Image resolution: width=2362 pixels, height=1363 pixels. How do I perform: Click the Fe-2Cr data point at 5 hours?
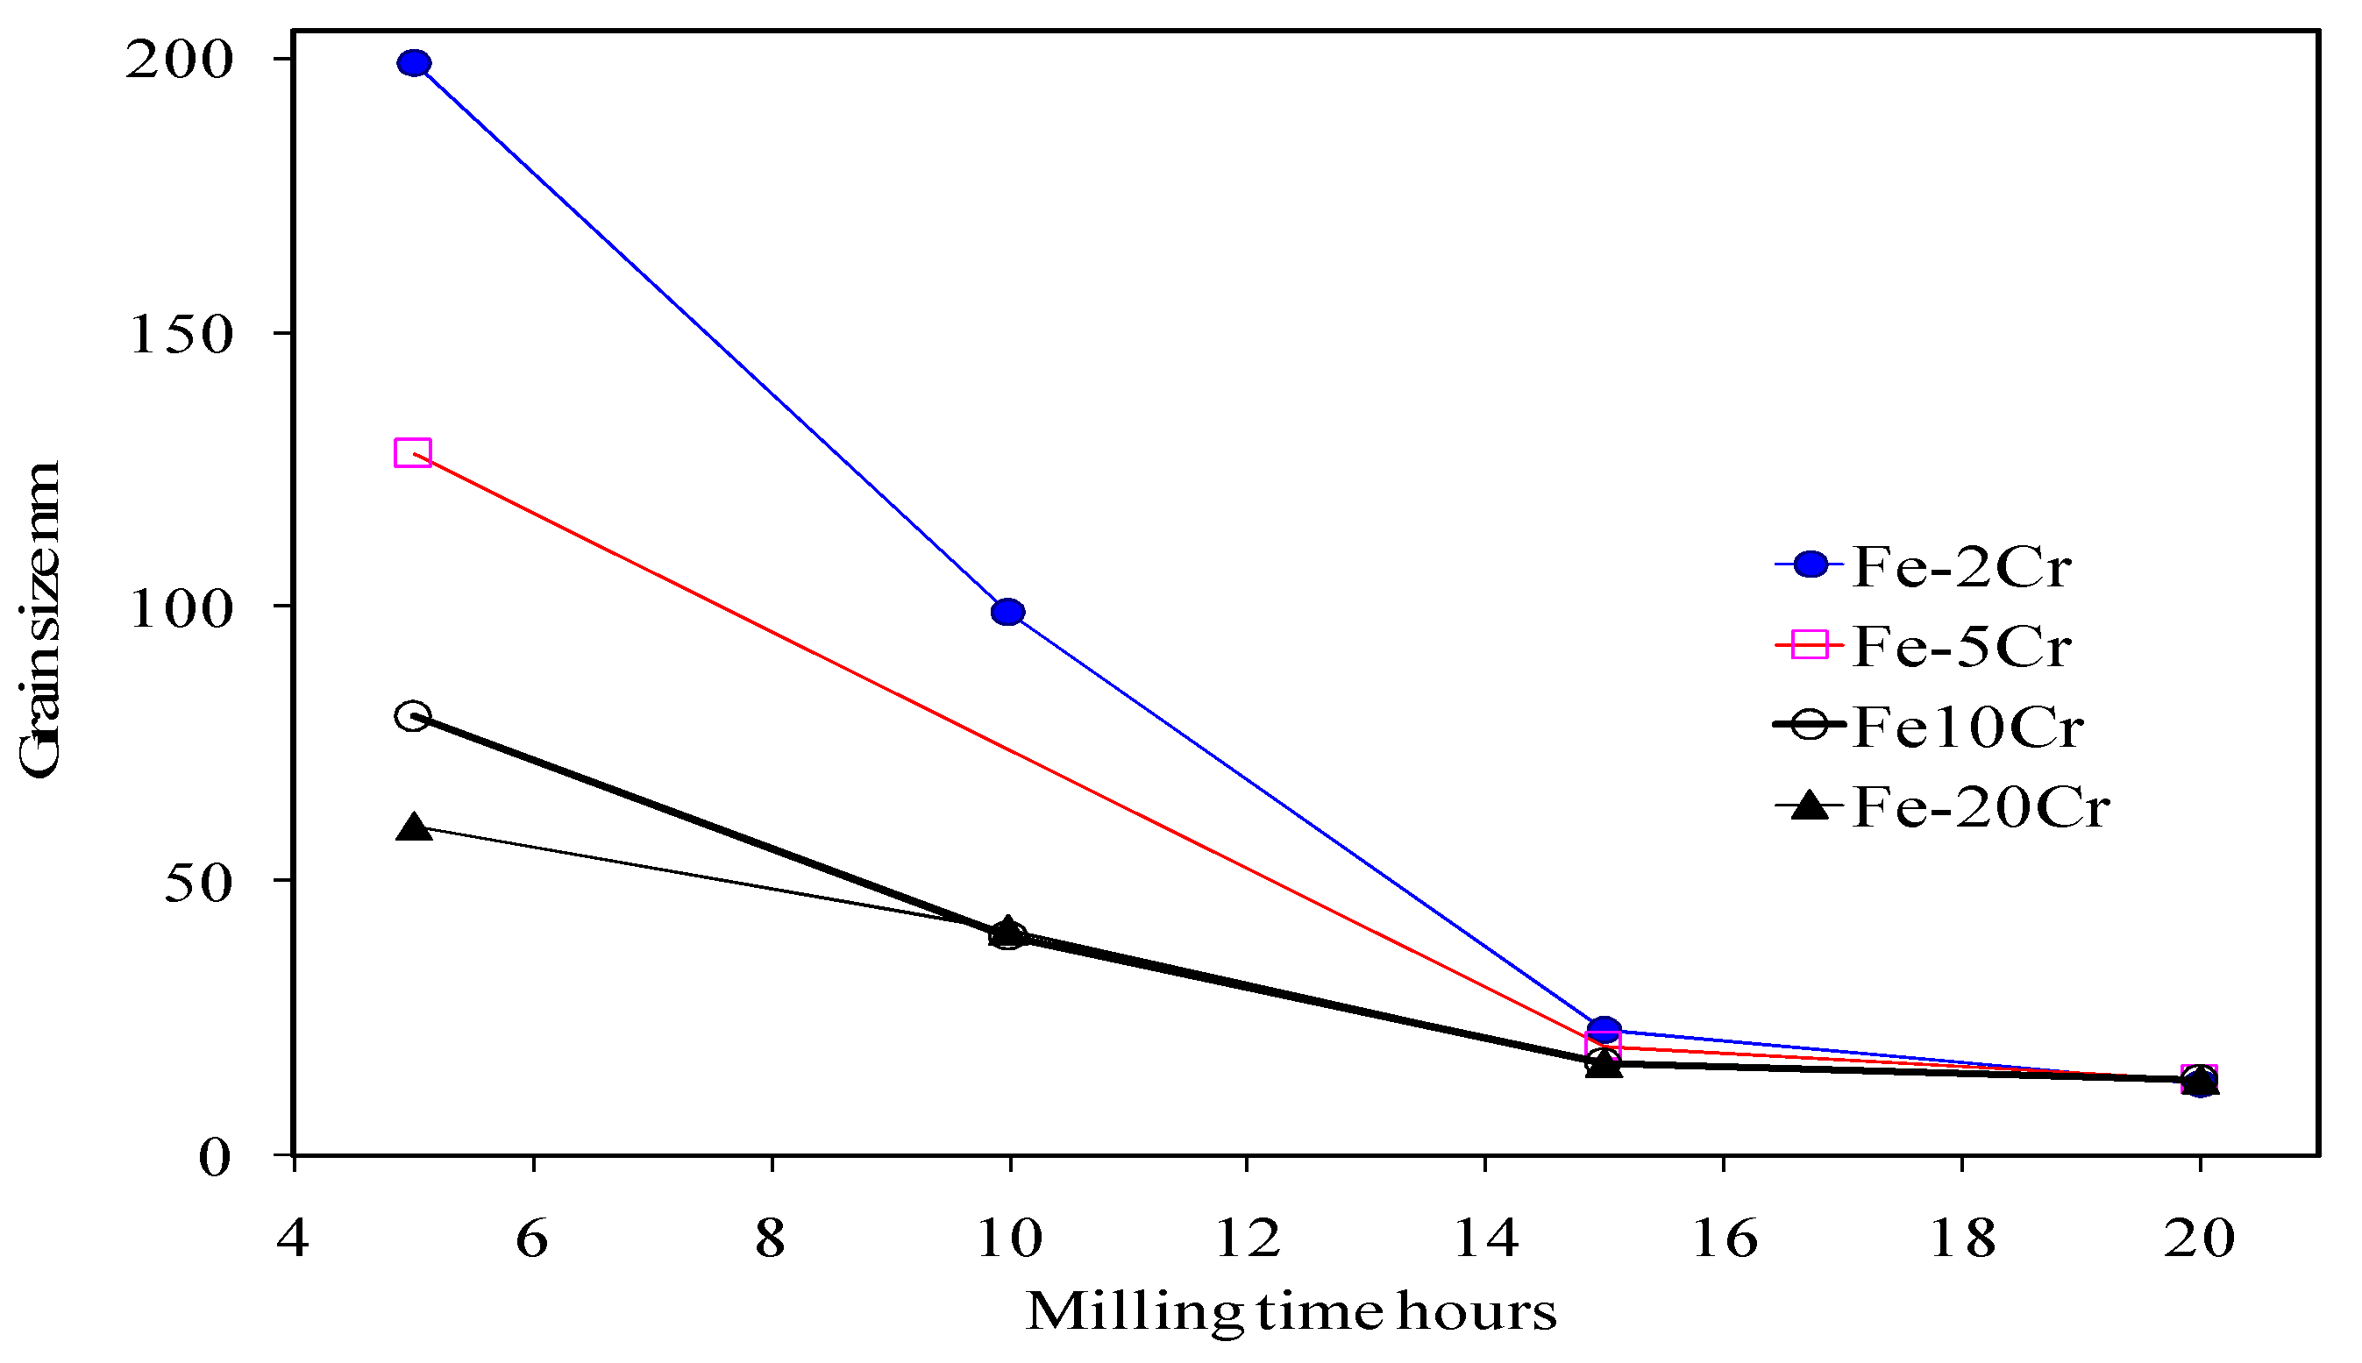[x=414, y=64]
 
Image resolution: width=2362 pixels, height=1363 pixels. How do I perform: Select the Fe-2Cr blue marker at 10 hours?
[x=1007, y=612]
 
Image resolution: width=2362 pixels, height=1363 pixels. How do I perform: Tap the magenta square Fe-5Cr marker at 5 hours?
[x=413, y=453]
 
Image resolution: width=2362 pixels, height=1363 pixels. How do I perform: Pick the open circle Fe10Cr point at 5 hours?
[x=413, y=716]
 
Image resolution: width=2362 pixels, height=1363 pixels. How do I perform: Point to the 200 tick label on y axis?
[x=179, y=61]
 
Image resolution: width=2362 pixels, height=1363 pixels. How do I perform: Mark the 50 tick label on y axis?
[x=197, y=884]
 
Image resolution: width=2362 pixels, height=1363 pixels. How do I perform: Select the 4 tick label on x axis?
[x=293, y=1239]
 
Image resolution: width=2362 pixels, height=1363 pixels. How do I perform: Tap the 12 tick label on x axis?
[x=1247, y=1239]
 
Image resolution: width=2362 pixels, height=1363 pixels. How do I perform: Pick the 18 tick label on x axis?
[x=1962, y=1239]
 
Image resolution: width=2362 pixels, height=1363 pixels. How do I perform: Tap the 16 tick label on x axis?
[x=1725, y=1239]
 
